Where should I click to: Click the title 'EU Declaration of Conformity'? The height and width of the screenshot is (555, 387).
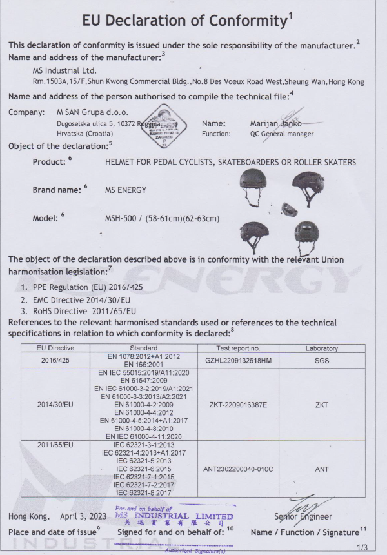tap(184, 21)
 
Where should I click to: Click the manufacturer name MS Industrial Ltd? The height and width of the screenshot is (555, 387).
tap(64, 70)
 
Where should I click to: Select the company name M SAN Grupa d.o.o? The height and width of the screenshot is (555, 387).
tap(92, 112)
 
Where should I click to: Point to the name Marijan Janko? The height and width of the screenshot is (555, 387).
tap(275, 123)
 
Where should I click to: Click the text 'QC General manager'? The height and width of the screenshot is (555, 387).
tap(282, 134)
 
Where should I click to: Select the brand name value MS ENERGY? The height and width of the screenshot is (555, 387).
tap(126, 190)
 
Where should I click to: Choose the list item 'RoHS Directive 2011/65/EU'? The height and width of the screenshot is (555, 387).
tap(80, 310)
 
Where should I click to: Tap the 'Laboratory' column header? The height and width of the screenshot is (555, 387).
tap(321, 348)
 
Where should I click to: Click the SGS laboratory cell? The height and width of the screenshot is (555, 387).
tap(321, 360)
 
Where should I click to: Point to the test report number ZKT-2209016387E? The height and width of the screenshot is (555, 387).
tap(238, 404)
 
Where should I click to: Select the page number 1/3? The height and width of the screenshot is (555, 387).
tap(361, 547)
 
